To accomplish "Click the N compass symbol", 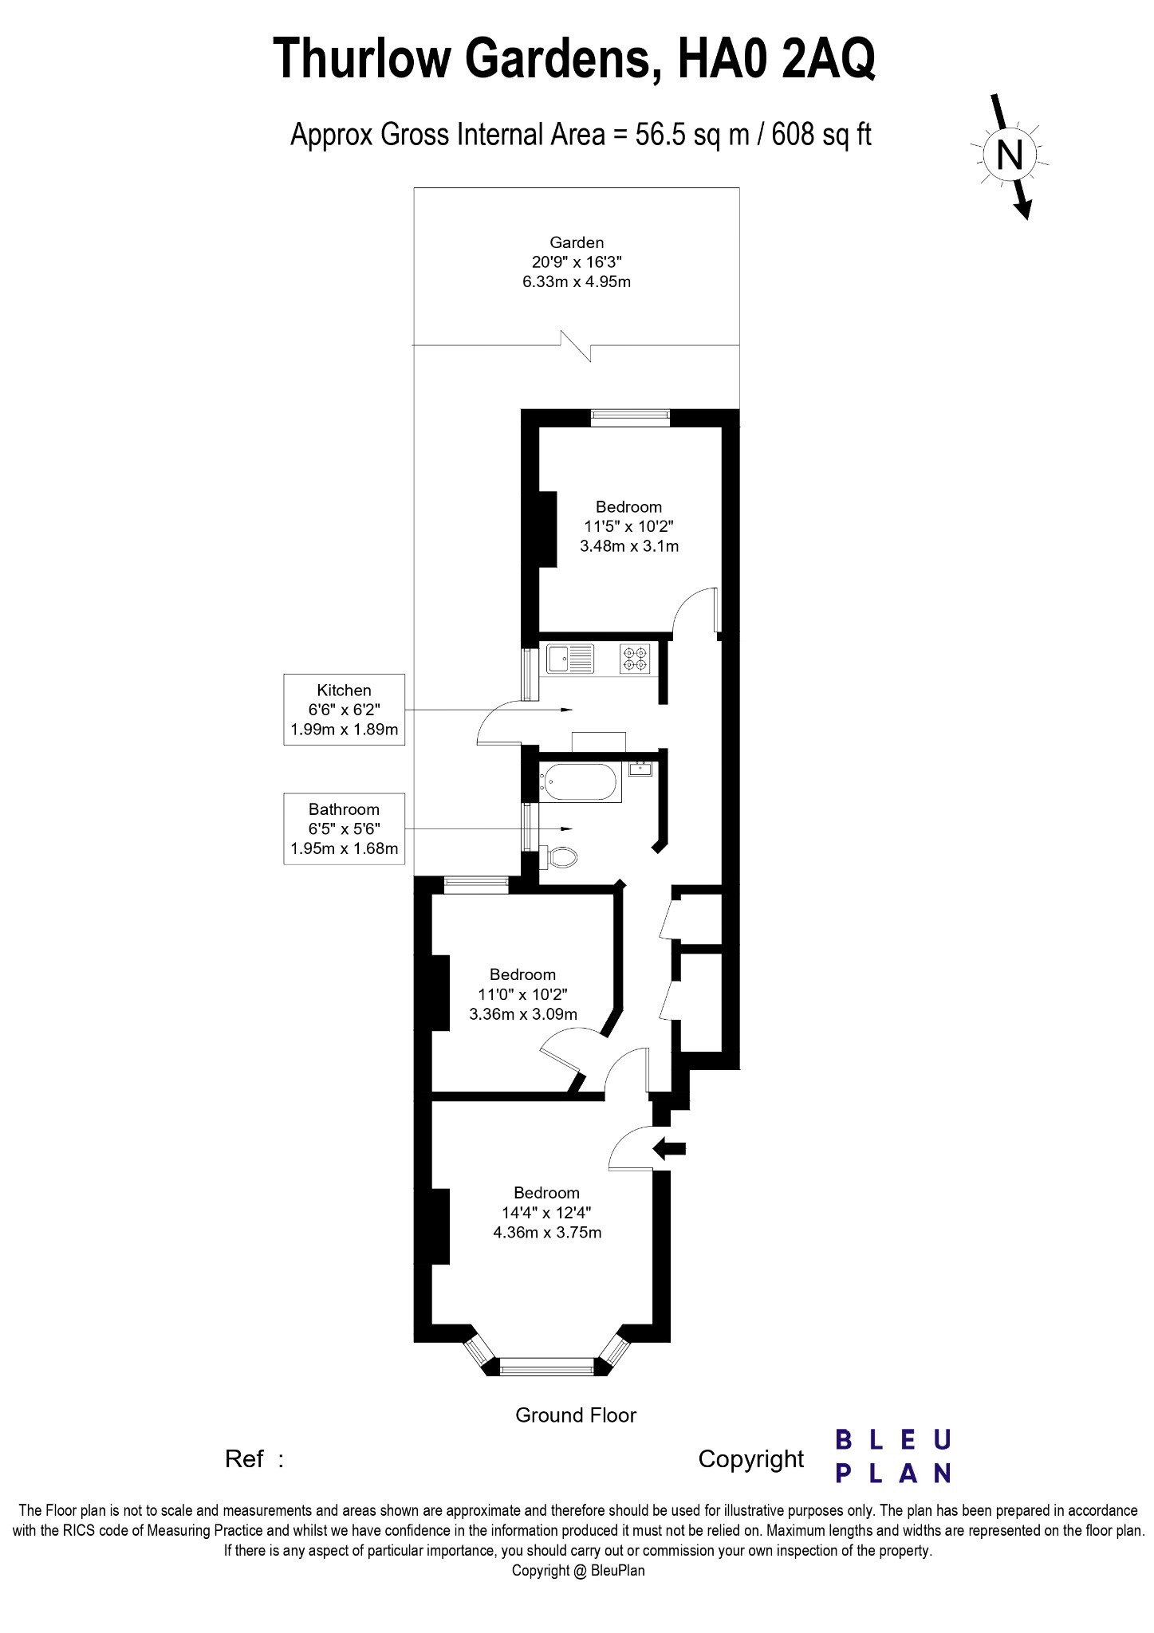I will point(1010,154).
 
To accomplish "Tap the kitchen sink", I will point(569,659).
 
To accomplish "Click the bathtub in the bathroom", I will point(580,783).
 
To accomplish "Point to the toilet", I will point(561,858).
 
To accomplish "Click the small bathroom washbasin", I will point(640,769).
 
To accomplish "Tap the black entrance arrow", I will point(669,1149).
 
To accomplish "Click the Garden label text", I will point(577,242).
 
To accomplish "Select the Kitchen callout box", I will point(344,710).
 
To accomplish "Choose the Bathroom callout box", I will point(344,828).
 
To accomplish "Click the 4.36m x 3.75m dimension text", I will point(547,1232).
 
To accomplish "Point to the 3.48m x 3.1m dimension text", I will point(629,546).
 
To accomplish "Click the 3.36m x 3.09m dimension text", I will point(523,1014).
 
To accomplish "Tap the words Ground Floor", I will point(576,1415).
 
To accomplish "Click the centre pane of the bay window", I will point(547,1367).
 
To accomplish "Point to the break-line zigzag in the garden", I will point(576,345).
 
